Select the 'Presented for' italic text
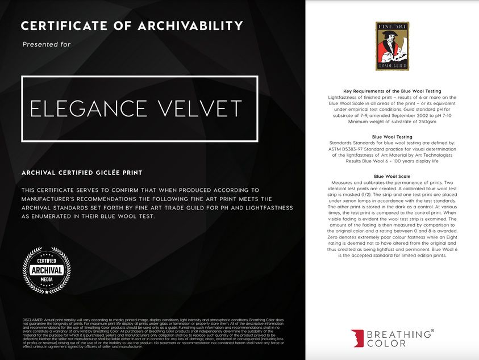(47, 44)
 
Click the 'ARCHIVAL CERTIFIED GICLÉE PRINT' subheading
(81, 172)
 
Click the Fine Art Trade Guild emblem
(392, 46)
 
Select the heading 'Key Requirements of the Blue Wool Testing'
(392, 91)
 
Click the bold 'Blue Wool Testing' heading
(392, 136)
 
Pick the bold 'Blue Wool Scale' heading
(392, 176)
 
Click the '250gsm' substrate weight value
(424, 122)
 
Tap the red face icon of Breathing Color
(358, 338)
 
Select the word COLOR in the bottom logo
(386, 344)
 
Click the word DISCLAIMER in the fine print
(34, 320)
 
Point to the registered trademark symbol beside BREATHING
(432, 330)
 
